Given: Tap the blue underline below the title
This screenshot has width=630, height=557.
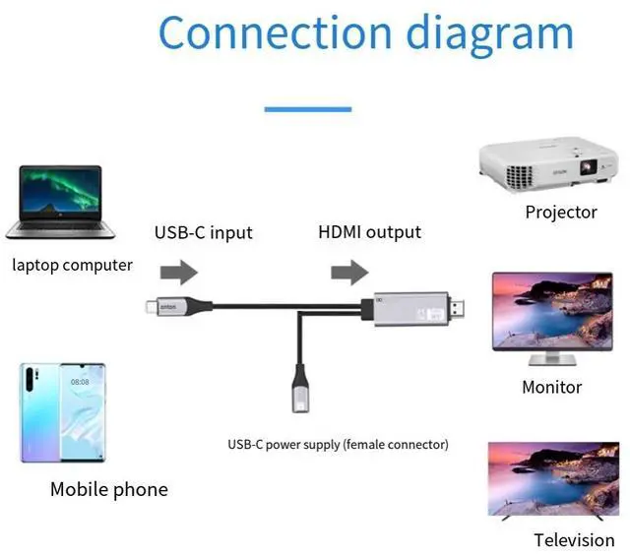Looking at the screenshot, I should pyautogui.click(x=307, y=108).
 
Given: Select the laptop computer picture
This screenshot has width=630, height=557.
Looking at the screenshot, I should pyautogui.click(x=61, y=202).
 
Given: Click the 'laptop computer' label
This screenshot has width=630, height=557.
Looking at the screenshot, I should pyautogui.click(x=73, y=265).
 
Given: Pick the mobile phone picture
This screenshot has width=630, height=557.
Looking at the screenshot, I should pyautogui.click(x=62, y=412).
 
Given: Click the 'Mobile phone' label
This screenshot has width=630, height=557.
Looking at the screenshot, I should pyautogui.click(x=109, y=489).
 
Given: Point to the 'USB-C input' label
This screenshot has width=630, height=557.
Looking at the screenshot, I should pyautogui.click(x=203, y=233).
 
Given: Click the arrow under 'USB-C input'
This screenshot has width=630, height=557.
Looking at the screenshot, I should pyautogui.click(x=178, y=273).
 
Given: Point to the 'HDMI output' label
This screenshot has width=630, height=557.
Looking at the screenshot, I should pyautogui.click(x=369, y=232).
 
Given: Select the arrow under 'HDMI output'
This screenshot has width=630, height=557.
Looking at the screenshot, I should pyautogui.click(x=349, y=272).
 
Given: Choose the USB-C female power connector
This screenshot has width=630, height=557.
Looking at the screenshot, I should pyautogui.click(x=299, y=394).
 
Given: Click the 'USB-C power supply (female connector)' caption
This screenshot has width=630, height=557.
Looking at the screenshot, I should pyautogui.click(x=338, y=445).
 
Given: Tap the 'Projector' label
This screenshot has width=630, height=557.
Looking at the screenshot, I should pyautogui.click(x=561, y=212).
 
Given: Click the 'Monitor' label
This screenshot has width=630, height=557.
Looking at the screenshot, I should pyautogui.click(x=551, y=387).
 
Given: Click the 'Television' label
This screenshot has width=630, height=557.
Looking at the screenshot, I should pyautogui.click(x=574, y=539).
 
